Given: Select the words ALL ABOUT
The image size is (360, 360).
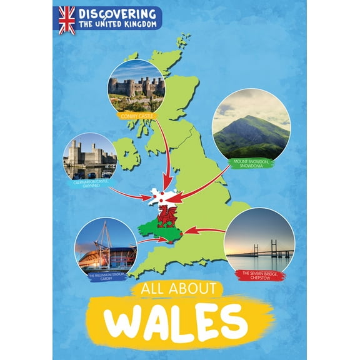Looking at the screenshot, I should click(x=172, y=288).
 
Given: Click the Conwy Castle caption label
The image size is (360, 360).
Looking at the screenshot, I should click(x=137, y=115).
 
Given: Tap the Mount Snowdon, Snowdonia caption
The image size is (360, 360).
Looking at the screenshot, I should click(x=252, y=163).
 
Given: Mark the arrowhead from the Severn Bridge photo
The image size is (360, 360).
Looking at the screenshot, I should click(x=189, y=230).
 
